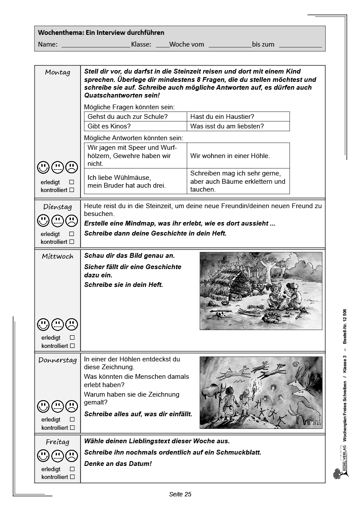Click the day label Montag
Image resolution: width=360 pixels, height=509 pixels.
coord(57,73)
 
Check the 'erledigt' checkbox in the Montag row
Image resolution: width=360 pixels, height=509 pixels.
coord(72,182)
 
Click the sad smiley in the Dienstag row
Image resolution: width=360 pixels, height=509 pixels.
coord(71,221)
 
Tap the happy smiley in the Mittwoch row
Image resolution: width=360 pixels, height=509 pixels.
coord(43,324)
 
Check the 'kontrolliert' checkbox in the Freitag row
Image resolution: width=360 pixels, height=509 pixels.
coord(72,477)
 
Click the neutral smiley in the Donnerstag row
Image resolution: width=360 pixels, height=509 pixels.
coord(57,406)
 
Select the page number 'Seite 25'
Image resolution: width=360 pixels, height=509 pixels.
coord(180,494)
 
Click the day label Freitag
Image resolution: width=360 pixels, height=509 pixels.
coord(57,442)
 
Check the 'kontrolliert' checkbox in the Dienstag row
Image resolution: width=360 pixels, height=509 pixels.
coord(72,242)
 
